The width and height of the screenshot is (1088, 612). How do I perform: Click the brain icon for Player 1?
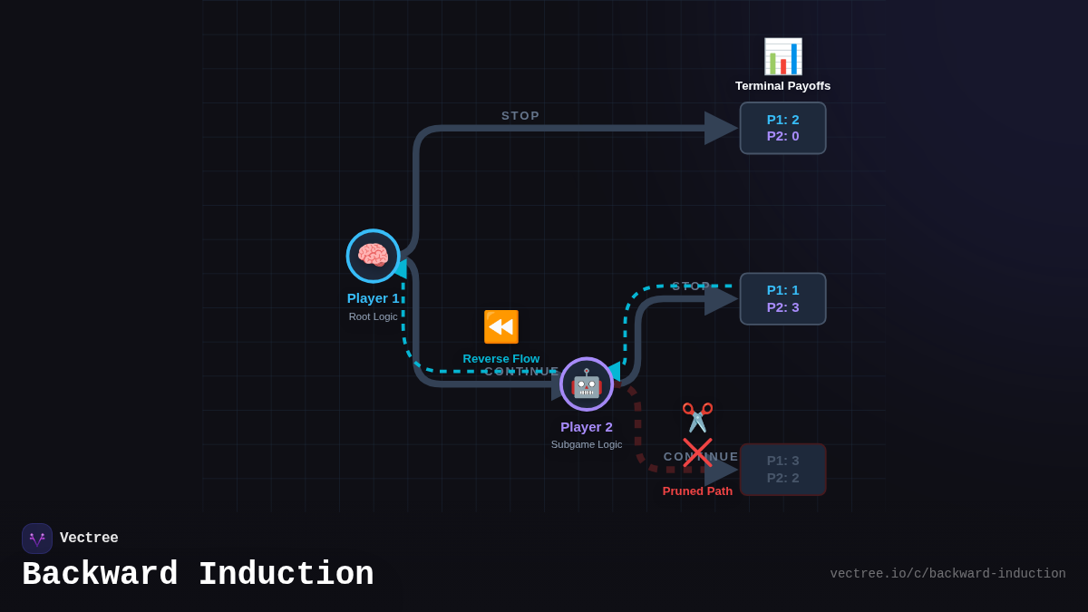(x=373, y=256)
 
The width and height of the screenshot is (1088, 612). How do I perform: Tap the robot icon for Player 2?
(x=587, y=384)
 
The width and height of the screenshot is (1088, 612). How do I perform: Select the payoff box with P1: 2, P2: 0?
(x=782, y=128)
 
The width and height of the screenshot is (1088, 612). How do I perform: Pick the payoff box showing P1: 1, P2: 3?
(x=782, y=298)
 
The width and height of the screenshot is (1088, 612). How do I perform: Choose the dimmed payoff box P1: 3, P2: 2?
(x=782, y=470)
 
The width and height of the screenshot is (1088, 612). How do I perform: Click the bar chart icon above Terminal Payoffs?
(x=782, y=56)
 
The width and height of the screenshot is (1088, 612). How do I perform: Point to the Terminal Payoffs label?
(x=782, y=86)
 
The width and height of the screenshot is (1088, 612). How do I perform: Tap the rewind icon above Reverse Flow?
(x=500, y=326)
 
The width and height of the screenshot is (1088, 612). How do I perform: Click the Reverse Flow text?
(x=500, y=358)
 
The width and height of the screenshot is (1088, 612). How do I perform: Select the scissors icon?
(x=697, y=417)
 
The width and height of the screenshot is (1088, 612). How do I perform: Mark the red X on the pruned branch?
(x=697, y=452)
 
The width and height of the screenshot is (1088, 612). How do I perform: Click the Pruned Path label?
(x=697, y=491)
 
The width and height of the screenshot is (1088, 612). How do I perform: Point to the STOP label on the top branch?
(x=520, y=116)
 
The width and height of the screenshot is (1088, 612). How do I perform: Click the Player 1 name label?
(x=373, y=298)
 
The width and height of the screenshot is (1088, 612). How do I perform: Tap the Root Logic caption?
(x=373, y=316)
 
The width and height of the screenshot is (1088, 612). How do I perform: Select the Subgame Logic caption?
(x=587, y=444)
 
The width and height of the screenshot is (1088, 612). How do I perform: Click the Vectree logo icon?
(x=37, y=539)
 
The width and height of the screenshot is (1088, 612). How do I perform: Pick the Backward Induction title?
(x=198, y=575)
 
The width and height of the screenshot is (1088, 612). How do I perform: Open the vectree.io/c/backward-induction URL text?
(x=947, y=574)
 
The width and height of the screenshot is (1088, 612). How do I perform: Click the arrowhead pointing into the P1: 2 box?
(x=721, y=128)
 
